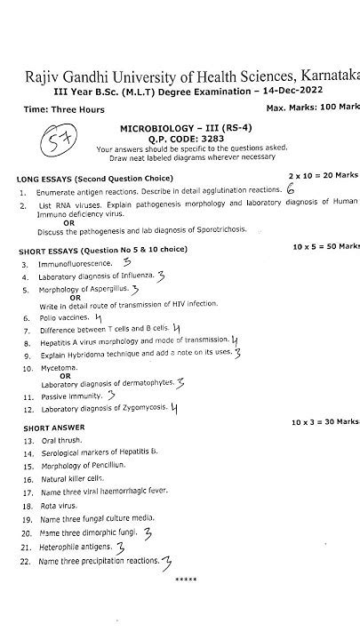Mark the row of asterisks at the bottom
(186, 579)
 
